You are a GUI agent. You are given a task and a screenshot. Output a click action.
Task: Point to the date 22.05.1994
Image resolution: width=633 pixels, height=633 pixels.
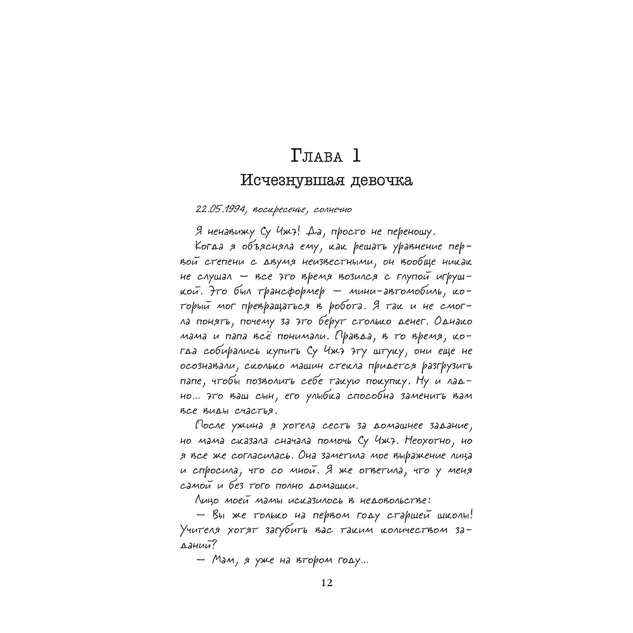pos(220,209)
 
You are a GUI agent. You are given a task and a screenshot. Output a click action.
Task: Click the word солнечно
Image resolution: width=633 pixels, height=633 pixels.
pos(332,210)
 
